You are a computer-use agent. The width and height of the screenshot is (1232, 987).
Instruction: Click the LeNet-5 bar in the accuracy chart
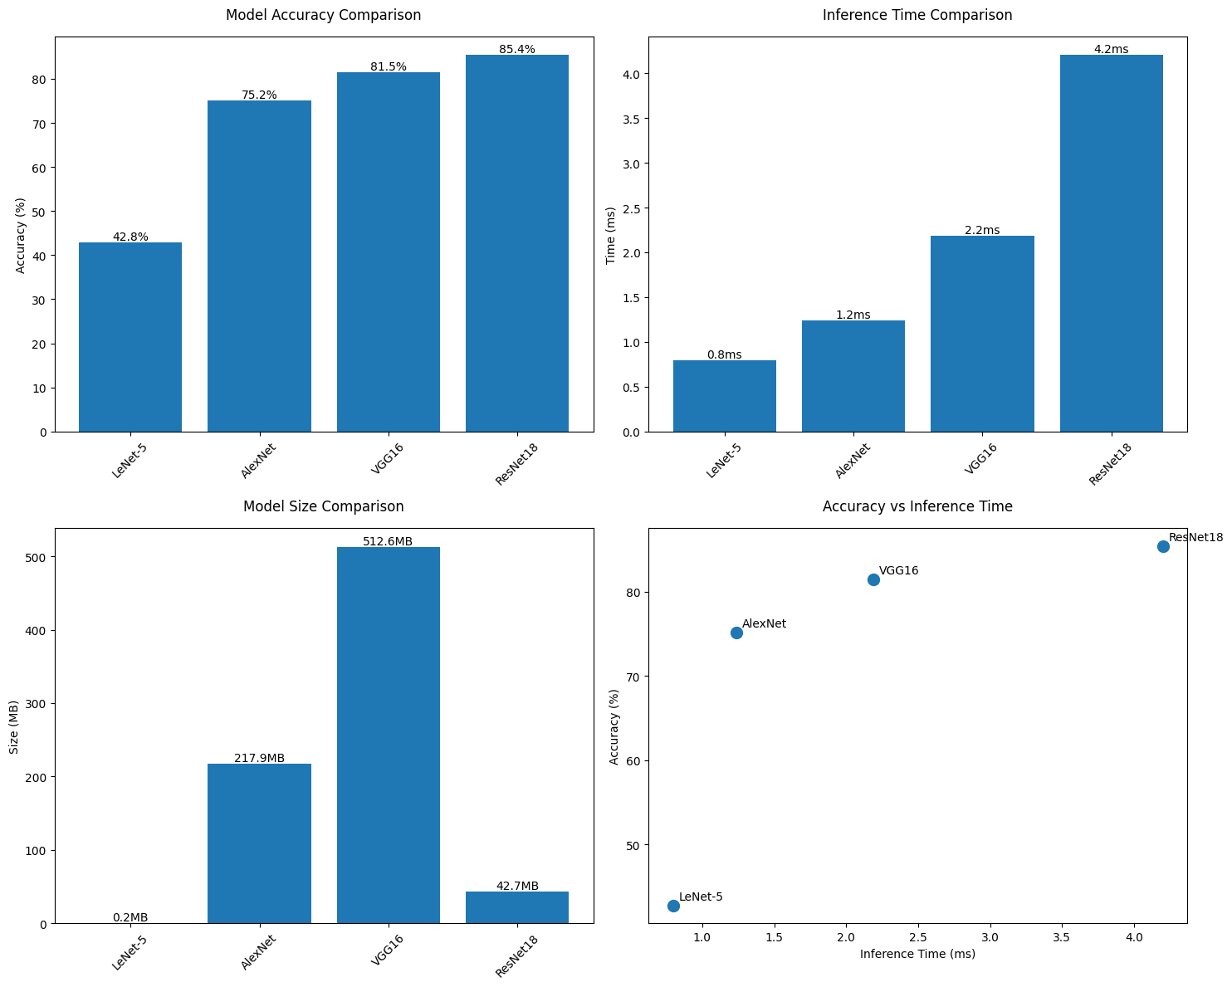130,337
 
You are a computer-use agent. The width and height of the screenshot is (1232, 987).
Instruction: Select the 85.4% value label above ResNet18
516,49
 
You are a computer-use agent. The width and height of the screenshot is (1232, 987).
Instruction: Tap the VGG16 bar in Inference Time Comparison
982,334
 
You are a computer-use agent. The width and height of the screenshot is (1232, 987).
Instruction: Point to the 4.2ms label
1111,49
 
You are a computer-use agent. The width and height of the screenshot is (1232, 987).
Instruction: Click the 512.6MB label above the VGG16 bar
388,541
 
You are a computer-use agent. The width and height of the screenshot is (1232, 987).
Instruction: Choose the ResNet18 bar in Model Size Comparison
516,907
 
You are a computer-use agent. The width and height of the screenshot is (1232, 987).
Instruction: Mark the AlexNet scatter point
736,633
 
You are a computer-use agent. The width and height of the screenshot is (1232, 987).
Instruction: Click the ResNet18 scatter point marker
1163,546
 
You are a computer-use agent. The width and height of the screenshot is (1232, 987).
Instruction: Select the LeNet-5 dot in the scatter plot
673,906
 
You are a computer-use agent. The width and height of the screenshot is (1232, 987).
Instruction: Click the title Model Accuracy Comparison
323,15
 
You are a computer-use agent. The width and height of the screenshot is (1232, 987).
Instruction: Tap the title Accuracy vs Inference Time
917,506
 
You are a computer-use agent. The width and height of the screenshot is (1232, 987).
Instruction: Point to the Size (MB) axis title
14,726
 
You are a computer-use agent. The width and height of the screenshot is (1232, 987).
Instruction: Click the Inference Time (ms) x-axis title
917,954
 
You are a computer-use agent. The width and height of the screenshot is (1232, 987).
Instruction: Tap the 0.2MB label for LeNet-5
130,917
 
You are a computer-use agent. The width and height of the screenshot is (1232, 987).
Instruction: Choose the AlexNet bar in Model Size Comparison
259,843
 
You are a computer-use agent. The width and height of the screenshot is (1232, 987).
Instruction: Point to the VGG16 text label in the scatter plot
898,570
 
